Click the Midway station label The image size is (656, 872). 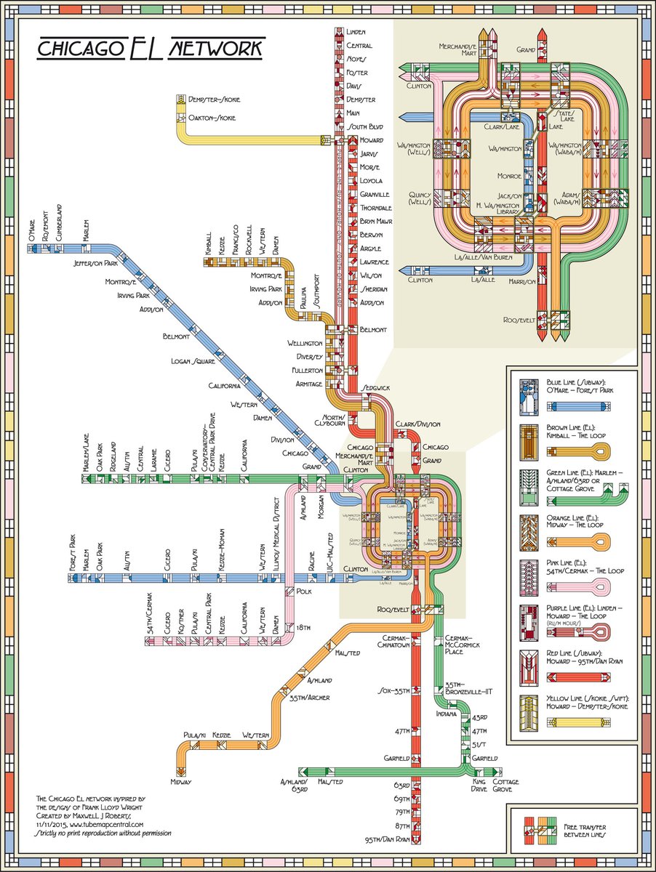tap(181, 782)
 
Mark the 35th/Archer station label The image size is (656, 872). tap(309, 698)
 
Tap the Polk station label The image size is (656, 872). tap(305, 592)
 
